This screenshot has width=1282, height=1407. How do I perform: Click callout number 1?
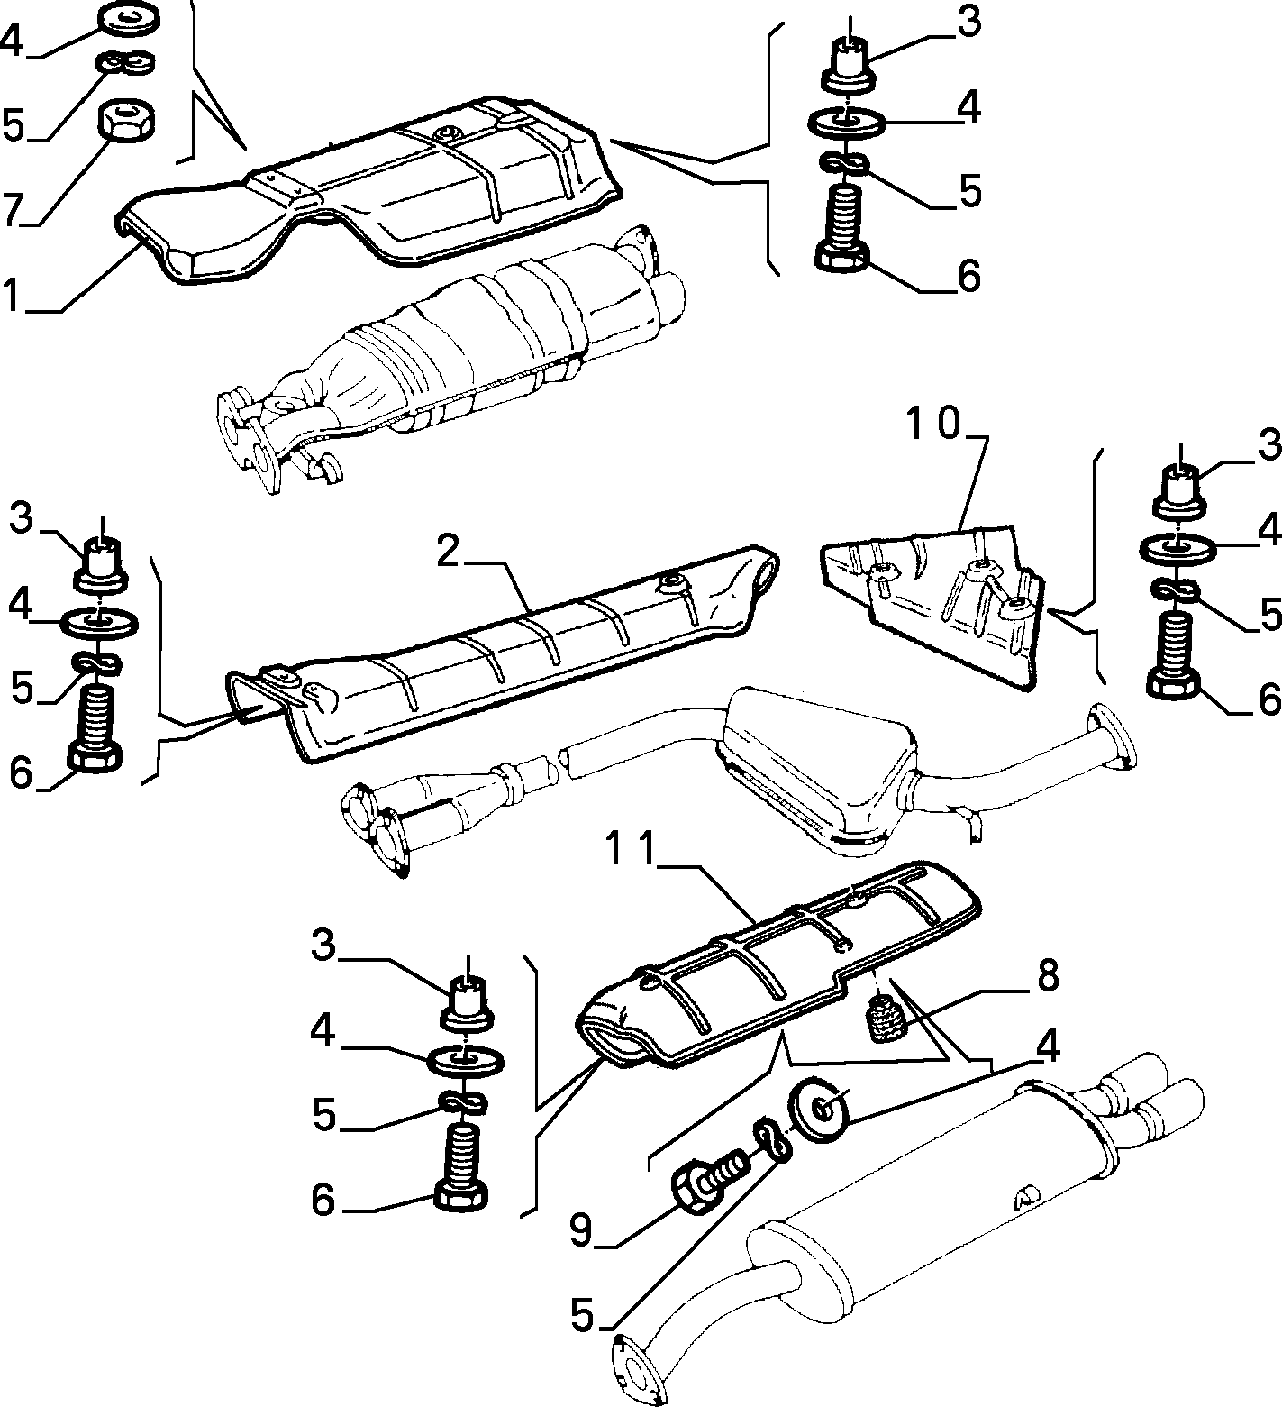point(12,294)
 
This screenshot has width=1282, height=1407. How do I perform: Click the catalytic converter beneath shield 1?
point(450,361)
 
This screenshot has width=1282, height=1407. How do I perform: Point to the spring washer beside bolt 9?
point(771,1139)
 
